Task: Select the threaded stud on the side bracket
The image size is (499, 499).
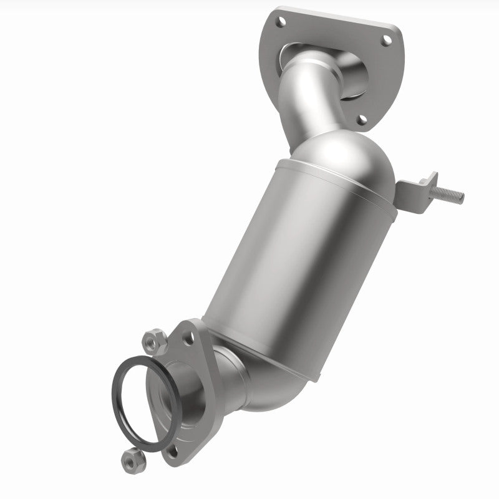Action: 448,195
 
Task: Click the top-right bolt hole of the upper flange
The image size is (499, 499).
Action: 386,41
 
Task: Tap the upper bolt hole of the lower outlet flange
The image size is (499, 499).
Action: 188,337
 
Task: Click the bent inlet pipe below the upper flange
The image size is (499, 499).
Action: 306,94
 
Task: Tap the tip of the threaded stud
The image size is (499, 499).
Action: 462,198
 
